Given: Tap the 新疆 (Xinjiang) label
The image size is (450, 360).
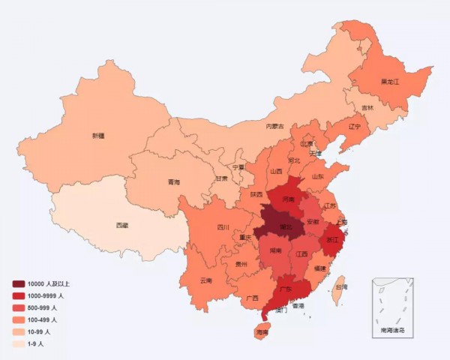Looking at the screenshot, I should (98, 136).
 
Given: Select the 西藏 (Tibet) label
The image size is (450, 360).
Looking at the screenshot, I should (121, 225).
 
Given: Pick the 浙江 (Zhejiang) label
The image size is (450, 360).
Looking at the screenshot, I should (331, 239).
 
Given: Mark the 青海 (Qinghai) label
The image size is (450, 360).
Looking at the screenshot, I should (173, 181).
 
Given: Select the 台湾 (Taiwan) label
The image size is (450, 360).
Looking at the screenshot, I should (340, 286).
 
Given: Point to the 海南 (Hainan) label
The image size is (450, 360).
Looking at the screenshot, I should (262, 331).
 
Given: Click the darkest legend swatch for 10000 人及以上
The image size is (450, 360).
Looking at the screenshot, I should (18, 283).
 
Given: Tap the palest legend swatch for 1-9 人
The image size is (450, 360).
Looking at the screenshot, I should (18, 343).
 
